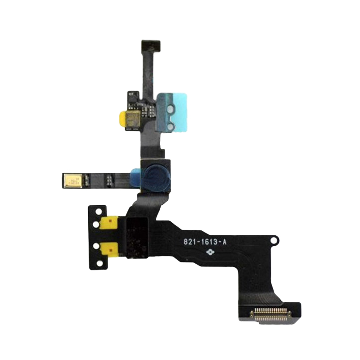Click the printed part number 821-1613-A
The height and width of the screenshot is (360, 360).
click(x=205, y=242)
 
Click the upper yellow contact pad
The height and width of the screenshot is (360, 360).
click(x=110, y=222)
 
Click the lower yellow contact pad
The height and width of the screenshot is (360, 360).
click(x=110, y=247)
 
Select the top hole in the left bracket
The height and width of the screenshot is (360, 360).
click(x=96, y=211)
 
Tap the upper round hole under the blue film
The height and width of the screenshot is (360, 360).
click(x=170, y=108)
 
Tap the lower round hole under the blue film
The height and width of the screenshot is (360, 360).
click(x=170, y=127)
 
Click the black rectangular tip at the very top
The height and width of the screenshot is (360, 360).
click(x=151, y=45)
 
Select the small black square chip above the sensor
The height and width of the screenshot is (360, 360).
click(x=131, y=96)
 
